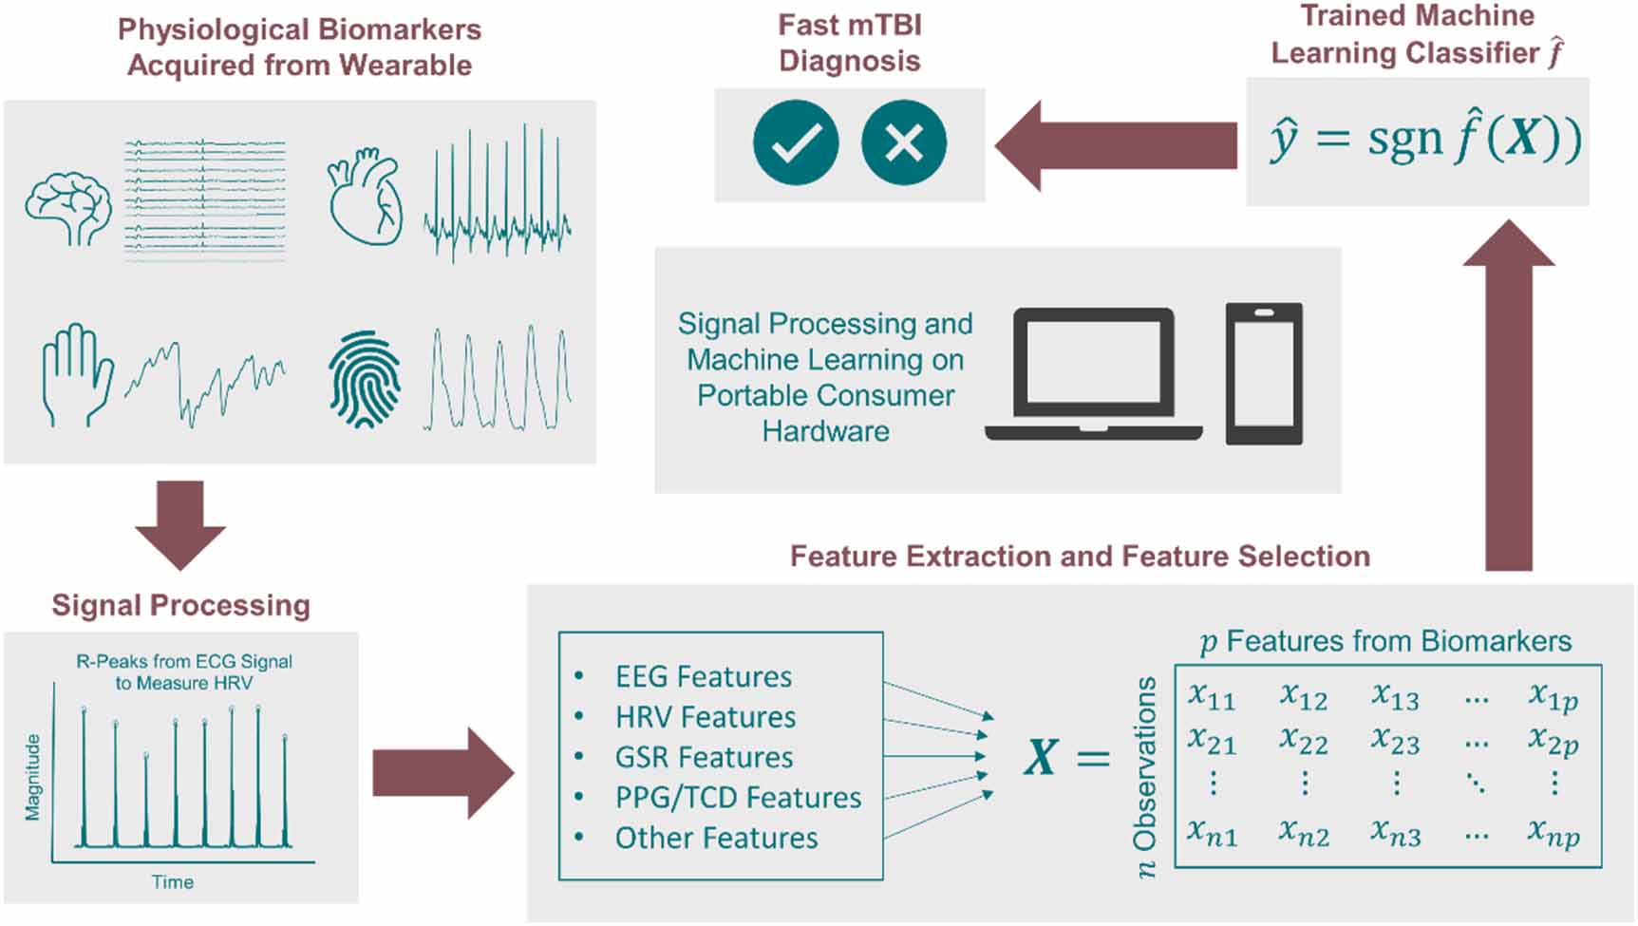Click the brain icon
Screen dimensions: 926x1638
click(x=67, y=208)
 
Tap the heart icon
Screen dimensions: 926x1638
click(x=365, y=197)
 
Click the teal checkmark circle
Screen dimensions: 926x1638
click(x=796, y=142)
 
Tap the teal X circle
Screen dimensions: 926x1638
click(x=903, y=142)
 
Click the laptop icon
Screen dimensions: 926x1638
click(x=1093, y=374)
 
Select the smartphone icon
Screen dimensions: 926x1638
click(x=1263, y=374)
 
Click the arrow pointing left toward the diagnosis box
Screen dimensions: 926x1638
click(x=1116, y=145)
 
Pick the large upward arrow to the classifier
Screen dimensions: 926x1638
click(x=1508, y=394)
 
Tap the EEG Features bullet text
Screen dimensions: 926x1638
click(x=703, y=677)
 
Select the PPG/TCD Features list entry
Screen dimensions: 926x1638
click(x=738, y=798)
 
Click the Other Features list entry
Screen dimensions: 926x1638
click(x=716, y=838)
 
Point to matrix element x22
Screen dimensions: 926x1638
click(x=1303, y=740)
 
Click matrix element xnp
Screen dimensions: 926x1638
click(x=1553, y=832)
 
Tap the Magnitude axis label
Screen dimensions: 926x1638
click(x=33, y=777)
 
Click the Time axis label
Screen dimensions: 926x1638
click(x=173, y=882)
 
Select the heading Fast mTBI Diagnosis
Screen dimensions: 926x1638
click(x=849, y=43)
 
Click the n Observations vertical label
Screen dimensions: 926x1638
click(x=1146, y=777)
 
